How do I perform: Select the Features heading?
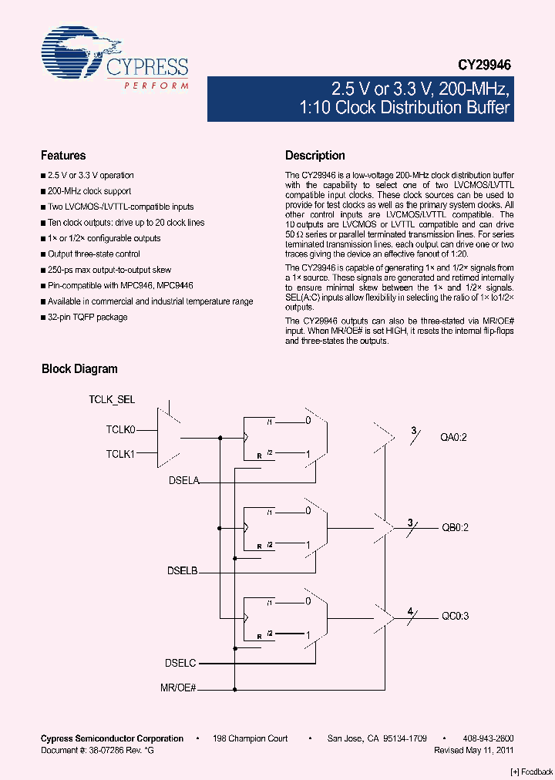(63, 156)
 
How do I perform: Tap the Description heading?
(315, 156)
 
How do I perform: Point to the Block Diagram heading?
(79, 369)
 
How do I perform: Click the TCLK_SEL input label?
(112, 399)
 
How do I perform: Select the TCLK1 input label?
(120, 454)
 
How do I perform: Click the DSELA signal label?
(183, 480)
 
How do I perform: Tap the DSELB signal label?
(183, 571)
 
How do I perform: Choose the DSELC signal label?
(181, 662)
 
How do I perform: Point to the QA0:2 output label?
(455, 438)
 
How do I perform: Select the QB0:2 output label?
(455, 528)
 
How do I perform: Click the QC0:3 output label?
(455, 617)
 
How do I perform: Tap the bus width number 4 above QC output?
(411, 611)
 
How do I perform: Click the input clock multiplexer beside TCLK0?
(168, 438)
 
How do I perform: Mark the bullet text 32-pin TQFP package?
(87, 317)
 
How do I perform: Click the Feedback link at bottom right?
(531, 772)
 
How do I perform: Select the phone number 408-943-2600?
(489, 738)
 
